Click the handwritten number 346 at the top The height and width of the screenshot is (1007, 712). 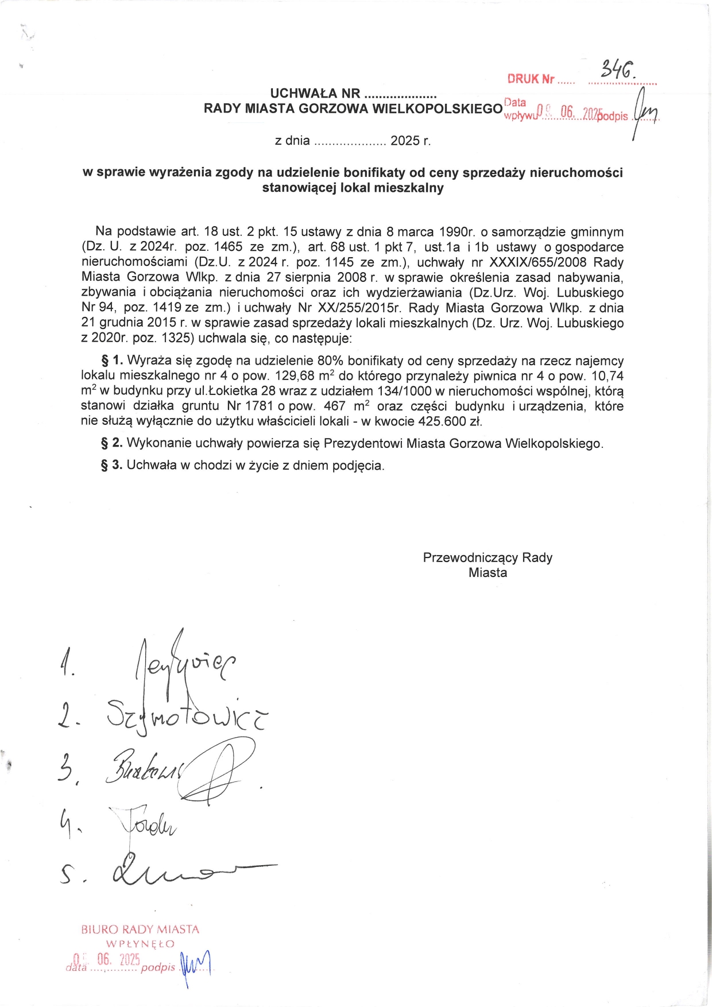coord(617,70)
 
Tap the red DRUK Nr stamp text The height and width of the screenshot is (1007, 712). coord(531,79)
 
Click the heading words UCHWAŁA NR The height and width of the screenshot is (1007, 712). coord(315,94)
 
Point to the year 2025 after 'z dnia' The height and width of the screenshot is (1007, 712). coord(406,141)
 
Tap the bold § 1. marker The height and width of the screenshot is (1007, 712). coord(112,361)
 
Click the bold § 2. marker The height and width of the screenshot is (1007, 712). coord(112,443)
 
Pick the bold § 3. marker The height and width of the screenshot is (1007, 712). coord(112,465)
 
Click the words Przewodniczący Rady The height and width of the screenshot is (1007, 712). coord(487,558)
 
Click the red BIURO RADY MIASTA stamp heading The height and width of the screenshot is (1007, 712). coord(140,929)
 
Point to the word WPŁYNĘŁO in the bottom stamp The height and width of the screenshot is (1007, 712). coord(140,944)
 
